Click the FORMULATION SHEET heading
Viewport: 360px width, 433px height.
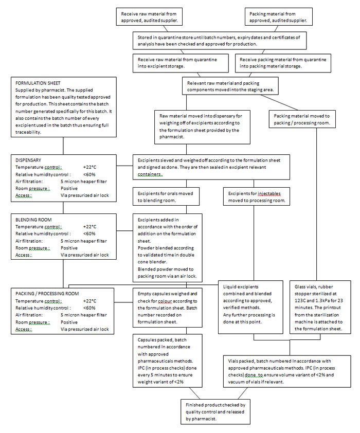(38, 82)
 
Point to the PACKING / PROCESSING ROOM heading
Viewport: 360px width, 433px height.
(47, 293)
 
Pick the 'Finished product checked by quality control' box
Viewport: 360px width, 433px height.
(215, 412)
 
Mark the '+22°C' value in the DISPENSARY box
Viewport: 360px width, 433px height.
(89, 167)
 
